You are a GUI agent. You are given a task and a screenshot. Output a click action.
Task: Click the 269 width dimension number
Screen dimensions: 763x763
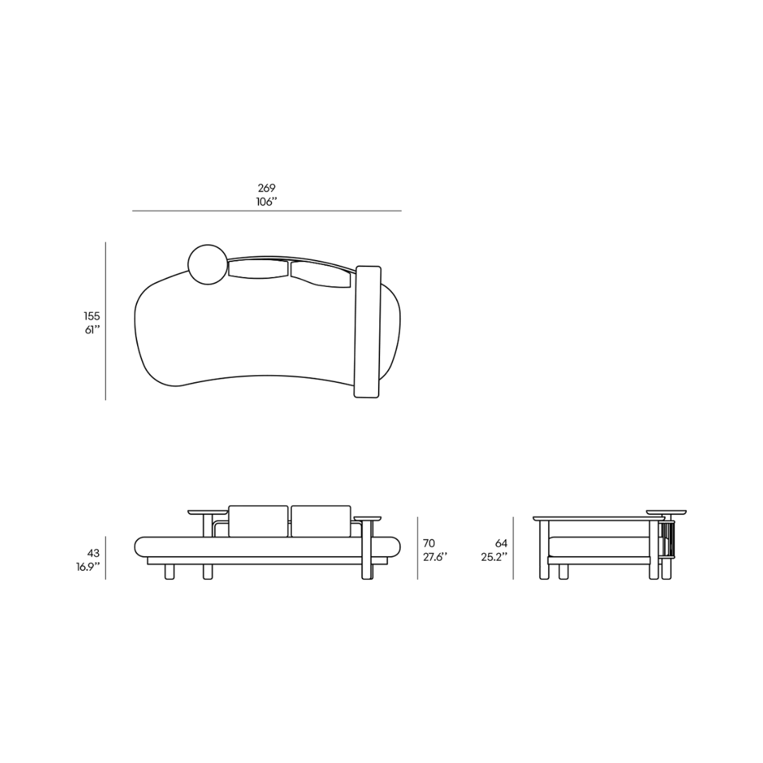pyautogui.click(x=266, y=188)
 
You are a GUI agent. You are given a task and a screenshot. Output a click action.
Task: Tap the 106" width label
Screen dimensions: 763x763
pyautogui.click(x=266, y=201)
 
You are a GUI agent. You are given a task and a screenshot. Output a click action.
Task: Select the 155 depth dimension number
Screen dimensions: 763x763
pyautogui.click(x=91, y=317)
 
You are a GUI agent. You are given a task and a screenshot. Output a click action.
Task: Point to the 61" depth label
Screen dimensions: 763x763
pyautogui.click(x=92, y=330)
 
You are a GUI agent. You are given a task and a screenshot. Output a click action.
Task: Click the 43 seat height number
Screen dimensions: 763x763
pyautogui.click(x=93, y=553)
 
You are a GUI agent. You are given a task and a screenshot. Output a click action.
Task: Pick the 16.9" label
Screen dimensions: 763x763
pyautogui.click(x=88, y=567)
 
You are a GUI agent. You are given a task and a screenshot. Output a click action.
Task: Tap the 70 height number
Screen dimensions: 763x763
pyautogui.click(x=429, y=543)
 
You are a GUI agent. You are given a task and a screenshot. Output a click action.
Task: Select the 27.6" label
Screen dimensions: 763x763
pyautogui.click(x=435, y=557)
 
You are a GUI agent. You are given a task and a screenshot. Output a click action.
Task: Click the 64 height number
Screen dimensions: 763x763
pyautogui.click(x=501, y=543)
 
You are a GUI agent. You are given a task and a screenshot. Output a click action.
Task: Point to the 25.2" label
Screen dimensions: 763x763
pyautogui.click(x=495, y=557)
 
